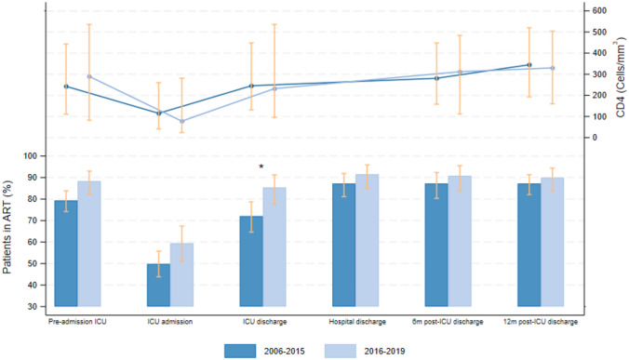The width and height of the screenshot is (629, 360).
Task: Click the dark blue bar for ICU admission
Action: point(158,285)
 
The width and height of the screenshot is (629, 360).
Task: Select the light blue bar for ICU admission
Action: point(181,274)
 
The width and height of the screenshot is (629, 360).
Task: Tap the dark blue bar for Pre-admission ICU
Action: point(66,253)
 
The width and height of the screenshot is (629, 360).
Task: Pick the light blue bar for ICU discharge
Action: point(274,247)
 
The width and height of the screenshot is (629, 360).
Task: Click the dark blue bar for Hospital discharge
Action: point(343,245)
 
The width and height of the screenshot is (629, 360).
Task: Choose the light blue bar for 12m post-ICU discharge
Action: point(553,242)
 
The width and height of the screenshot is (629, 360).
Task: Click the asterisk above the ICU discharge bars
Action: point(261,167)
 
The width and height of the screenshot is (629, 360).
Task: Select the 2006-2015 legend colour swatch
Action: point(240,351)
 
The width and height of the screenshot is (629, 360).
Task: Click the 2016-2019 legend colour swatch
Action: point(341,351)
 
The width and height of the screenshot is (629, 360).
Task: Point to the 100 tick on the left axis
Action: point(34,156)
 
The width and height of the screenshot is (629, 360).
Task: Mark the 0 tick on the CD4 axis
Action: point(595,138)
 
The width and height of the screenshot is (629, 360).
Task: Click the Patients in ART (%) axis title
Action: point(7,227)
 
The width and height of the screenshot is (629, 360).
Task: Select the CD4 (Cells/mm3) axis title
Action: point(620,77)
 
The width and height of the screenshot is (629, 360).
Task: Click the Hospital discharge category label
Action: point(357,322)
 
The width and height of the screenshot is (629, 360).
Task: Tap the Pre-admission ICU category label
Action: point(77,322)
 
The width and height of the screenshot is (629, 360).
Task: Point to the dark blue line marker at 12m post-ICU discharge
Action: point(529,65)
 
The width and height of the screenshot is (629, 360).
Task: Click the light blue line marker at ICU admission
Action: point(181,121)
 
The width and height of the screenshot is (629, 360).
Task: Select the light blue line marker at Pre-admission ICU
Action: point(89,76)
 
